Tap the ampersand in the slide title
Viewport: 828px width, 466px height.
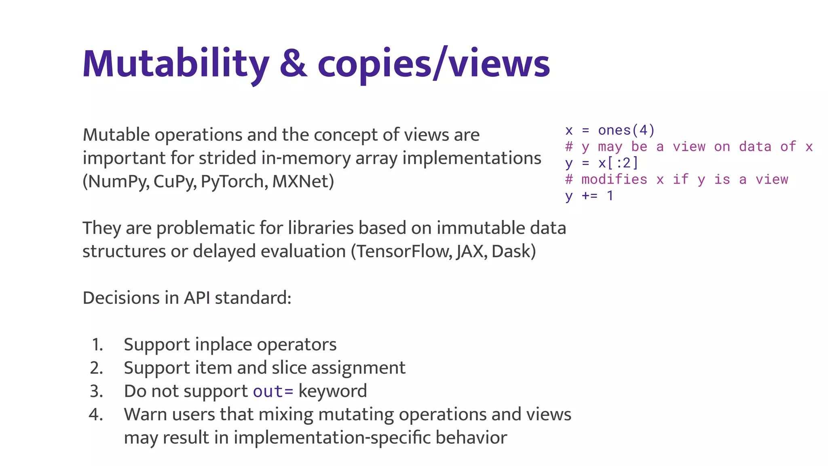[293, 64]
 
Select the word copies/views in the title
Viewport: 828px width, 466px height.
[433, 64]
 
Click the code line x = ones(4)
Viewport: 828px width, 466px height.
[610, 130]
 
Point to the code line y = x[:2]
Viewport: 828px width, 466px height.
[602, 163]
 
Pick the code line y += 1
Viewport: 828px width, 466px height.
[589, 196]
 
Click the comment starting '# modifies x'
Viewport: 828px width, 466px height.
[676, 179]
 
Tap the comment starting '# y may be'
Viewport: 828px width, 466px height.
[689, 146]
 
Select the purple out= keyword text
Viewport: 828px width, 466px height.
[273, 391]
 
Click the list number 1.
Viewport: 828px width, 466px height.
[97, 345]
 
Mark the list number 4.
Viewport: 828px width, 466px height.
[96, 415]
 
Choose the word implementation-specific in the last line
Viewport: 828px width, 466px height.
[332, 438]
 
